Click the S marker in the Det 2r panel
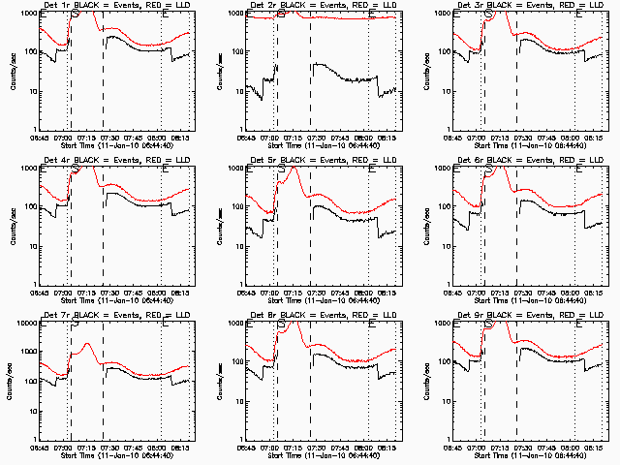tap(282, 14)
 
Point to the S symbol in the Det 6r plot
tap(488, 169)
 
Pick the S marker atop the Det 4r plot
tap(77, 169)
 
